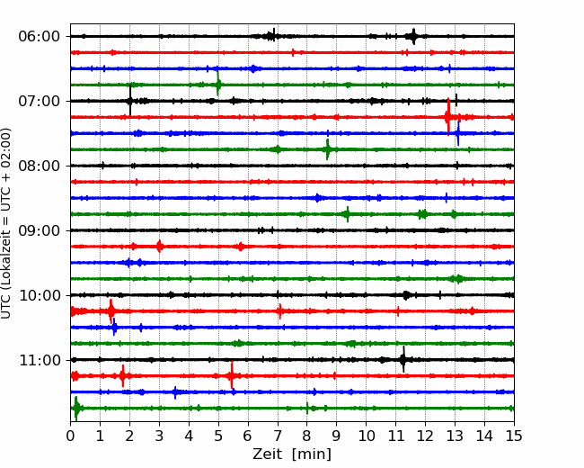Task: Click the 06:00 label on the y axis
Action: (39, 37)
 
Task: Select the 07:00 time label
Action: (39, 101)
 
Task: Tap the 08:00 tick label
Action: (39, 166)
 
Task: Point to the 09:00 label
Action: (39, 230)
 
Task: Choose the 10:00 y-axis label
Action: (39, 295)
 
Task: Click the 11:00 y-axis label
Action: (39, 360)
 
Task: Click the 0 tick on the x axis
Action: (70, 436)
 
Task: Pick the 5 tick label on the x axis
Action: (218, 436)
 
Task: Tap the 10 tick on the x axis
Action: (366, 436)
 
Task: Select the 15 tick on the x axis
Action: (514, 436)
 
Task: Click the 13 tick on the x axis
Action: (455, 436)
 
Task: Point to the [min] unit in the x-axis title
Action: (312, 454)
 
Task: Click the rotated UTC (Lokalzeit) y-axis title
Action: (6, 223)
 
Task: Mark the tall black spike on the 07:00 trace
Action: (130, 101)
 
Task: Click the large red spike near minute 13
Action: (448, 116)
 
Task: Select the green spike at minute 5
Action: (218, 84)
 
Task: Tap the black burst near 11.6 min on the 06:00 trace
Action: (413, 36)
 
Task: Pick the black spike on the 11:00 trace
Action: (403, 359)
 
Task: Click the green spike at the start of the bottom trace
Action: (76, 409)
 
